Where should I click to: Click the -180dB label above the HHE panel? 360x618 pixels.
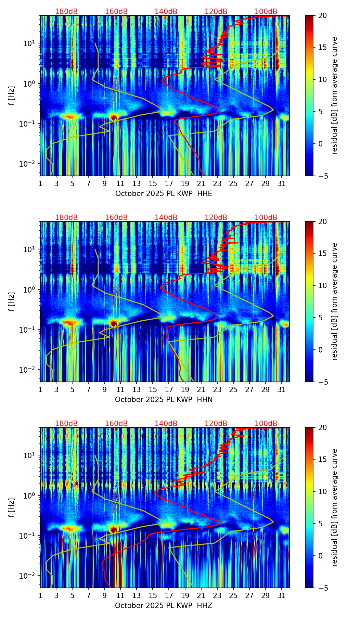(65, 12)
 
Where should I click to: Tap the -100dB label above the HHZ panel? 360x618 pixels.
(265, 424)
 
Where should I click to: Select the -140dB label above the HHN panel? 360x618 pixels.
(165, 218)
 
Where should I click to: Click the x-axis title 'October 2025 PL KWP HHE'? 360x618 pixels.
(164, 194)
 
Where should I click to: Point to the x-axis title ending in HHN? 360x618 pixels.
(164, 400)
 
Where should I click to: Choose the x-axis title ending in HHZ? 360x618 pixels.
(164, 606)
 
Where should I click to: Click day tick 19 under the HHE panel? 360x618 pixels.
(185, 183)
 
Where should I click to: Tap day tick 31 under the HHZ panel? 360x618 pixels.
(281, 595)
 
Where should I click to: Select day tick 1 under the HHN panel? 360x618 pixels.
(40, 389)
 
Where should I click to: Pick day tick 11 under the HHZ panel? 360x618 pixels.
(120, 595)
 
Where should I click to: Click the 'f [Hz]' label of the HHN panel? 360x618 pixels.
(12, 301)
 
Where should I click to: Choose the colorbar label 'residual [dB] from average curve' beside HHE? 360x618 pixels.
(335, 95)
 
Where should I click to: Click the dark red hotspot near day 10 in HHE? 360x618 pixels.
(114, 117)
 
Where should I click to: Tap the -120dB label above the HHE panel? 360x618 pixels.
(215, 12)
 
